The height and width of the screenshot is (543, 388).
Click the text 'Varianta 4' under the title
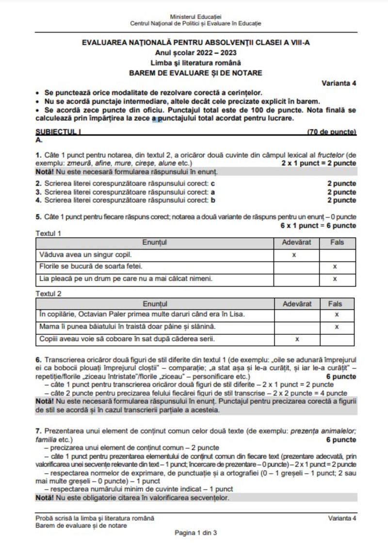click(x=339, y=83)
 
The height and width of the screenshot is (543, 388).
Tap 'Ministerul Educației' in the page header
click(x=195, y=17)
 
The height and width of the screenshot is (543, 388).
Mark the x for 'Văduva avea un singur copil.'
click(x=294, y=254)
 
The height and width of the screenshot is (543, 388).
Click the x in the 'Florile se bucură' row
click(x=335, y=266)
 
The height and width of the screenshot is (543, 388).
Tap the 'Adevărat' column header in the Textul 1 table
click(x=296, y=242)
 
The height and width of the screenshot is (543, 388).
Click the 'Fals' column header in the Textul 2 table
click(x=335, y=304)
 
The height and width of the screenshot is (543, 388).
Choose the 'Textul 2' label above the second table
click(x=48, y=294)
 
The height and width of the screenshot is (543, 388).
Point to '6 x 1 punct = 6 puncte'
click(x=318, y=226)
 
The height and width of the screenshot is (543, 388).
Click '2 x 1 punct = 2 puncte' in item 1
click(x=319, y=164)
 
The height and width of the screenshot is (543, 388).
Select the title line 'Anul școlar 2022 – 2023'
click(x=196, y=53)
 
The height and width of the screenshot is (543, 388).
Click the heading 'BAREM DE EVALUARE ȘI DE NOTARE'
click(x=195, y=73)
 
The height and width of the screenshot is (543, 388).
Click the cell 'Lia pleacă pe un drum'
click(x=126, y=279)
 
